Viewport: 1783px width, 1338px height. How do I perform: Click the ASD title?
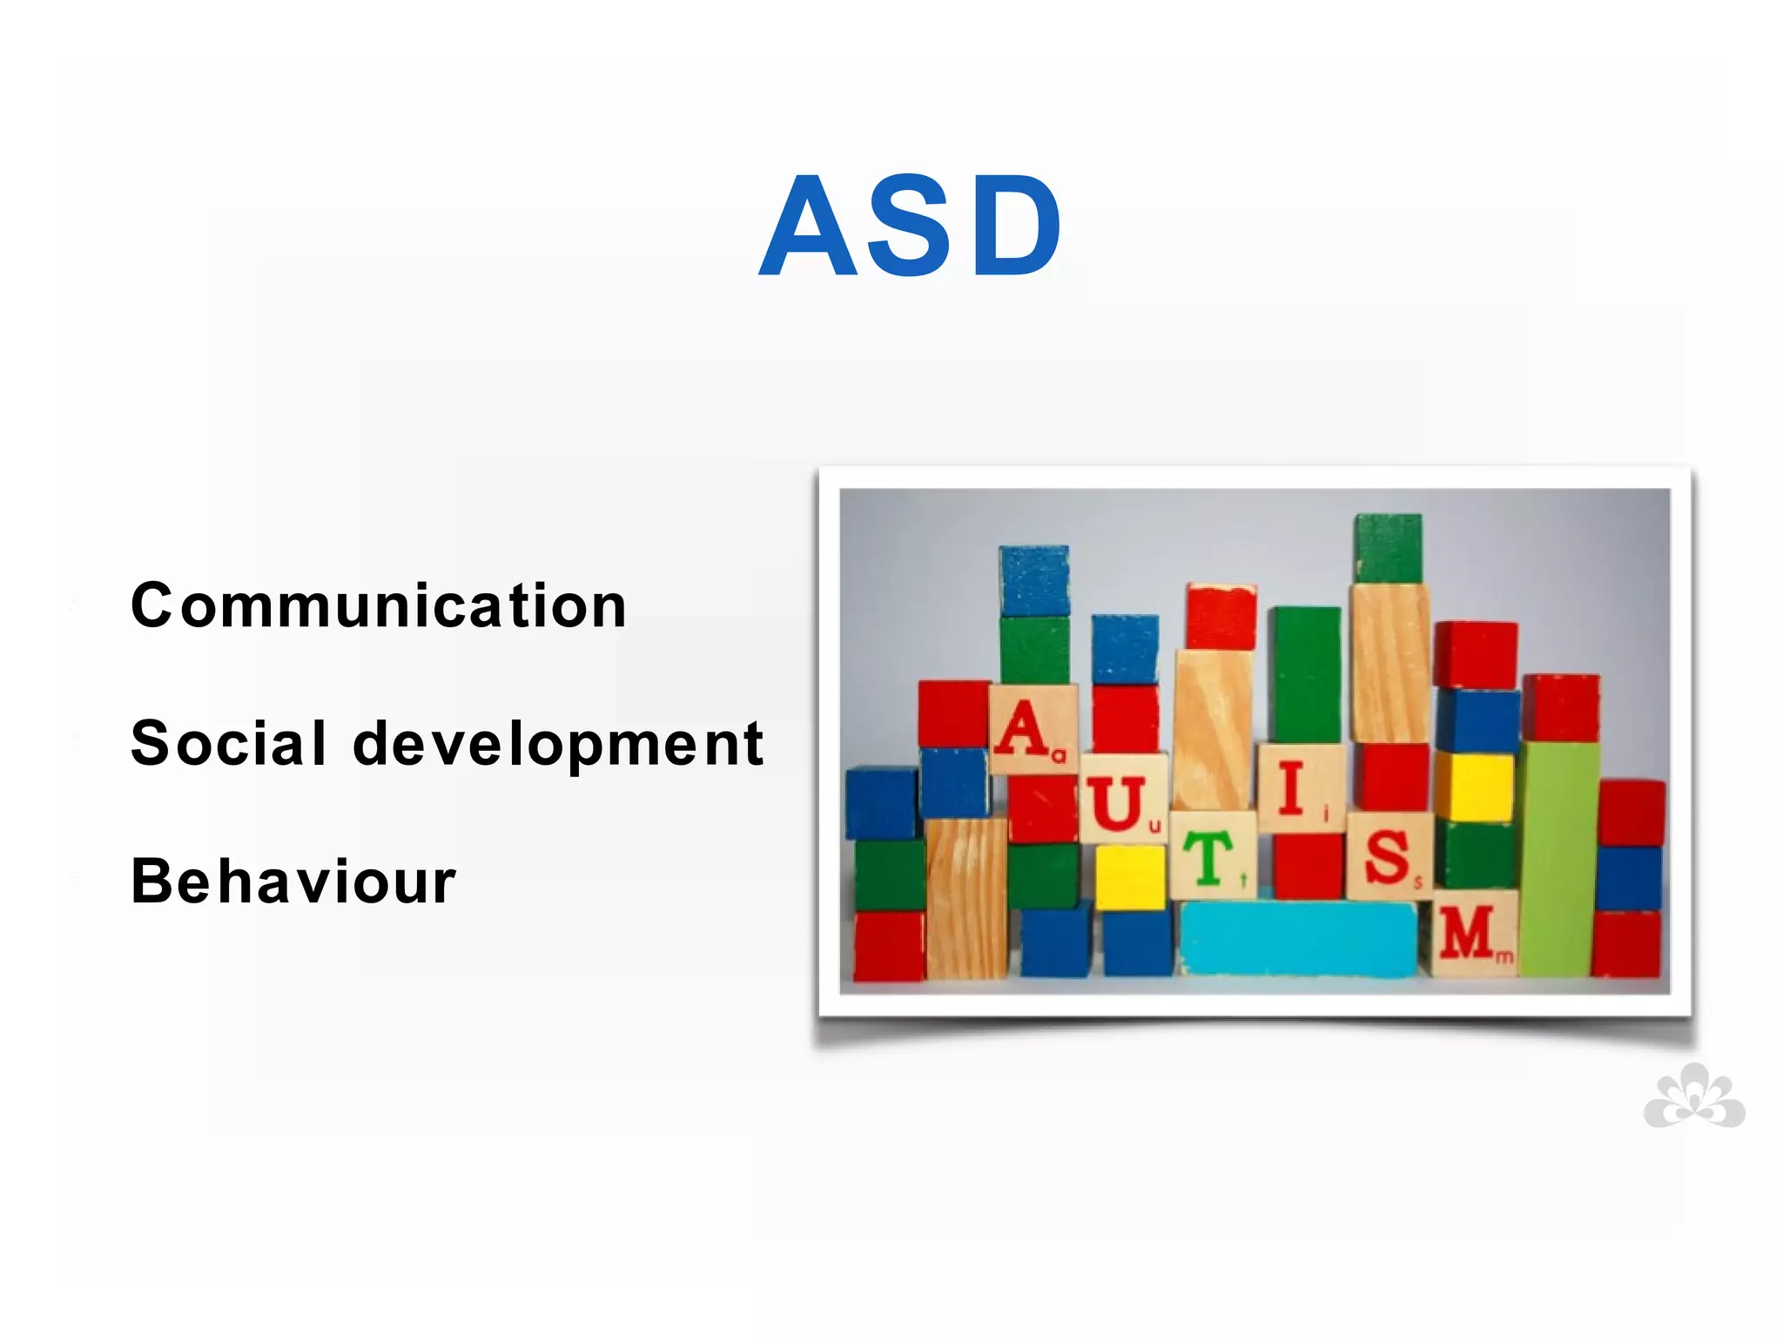(911, 226)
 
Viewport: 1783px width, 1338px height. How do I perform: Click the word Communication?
(379, 605)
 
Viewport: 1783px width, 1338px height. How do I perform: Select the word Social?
(228, 744)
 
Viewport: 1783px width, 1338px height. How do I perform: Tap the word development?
(558, 746)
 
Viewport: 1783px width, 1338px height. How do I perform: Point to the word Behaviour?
(293, 882)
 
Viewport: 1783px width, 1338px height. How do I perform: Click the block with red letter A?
(1032, 728)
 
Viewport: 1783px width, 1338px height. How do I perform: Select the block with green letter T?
(1212, 856)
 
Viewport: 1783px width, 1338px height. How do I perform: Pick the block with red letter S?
(1389, 856)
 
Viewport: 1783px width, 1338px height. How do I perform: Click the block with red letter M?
(1473, 933)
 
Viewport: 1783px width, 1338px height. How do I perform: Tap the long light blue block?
(1298, 939)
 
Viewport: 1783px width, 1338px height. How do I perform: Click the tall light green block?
(1560, 858)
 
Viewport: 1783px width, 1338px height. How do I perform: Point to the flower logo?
(1694, 1097)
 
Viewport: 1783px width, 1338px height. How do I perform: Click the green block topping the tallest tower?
(1388, 548)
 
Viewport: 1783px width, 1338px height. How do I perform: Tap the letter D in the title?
(1015, 227)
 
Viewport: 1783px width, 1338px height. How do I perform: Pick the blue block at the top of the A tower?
(1033, 581)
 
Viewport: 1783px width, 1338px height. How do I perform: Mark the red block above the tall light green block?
(1561, 707)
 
